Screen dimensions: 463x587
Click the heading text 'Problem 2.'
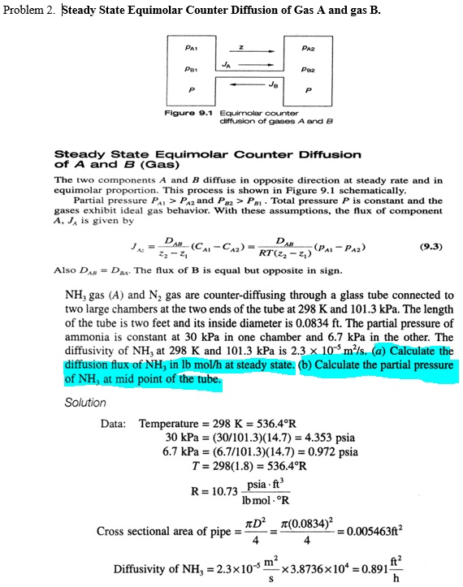30,11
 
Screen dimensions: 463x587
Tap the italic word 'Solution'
85,403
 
